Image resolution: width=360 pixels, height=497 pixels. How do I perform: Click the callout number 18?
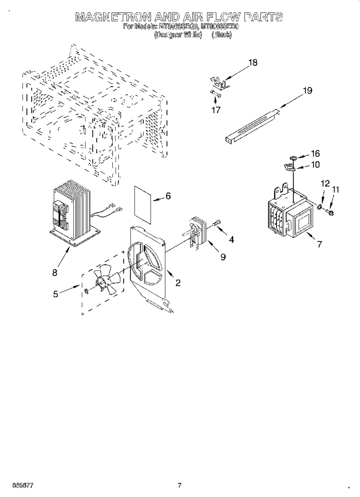[253, 63]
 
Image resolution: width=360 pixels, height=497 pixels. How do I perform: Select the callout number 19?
[307, 91]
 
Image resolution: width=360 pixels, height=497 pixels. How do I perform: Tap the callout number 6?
[168, 196]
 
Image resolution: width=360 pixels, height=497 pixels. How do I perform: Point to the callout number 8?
[55, 273]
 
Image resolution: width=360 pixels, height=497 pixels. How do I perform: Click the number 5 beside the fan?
[55, 294]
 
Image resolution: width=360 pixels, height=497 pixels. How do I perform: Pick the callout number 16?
[315, 154]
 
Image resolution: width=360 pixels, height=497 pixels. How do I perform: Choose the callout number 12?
[325, 183]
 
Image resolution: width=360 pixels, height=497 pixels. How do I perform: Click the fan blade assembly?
[106, 280]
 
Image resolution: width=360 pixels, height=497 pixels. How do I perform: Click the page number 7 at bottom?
[179, 485]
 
